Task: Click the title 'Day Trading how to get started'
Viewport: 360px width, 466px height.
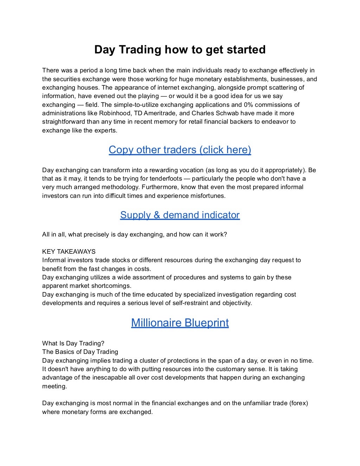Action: pos(180,50)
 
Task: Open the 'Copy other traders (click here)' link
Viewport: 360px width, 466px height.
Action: pos(180,150)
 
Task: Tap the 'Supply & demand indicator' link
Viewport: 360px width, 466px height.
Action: pos(180,215)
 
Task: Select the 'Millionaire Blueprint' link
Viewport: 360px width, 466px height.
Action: pos(180,323)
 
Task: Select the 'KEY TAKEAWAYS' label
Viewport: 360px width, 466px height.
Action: pos(69,252)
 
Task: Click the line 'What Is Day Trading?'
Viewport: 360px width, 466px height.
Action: pos(73,343)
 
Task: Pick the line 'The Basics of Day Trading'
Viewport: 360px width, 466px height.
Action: pos(80,352)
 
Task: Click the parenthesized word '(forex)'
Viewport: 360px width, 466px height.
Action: pos(298,403)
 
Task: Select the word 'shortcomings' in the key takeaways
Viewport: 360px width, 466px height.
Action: pos(111,286)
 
